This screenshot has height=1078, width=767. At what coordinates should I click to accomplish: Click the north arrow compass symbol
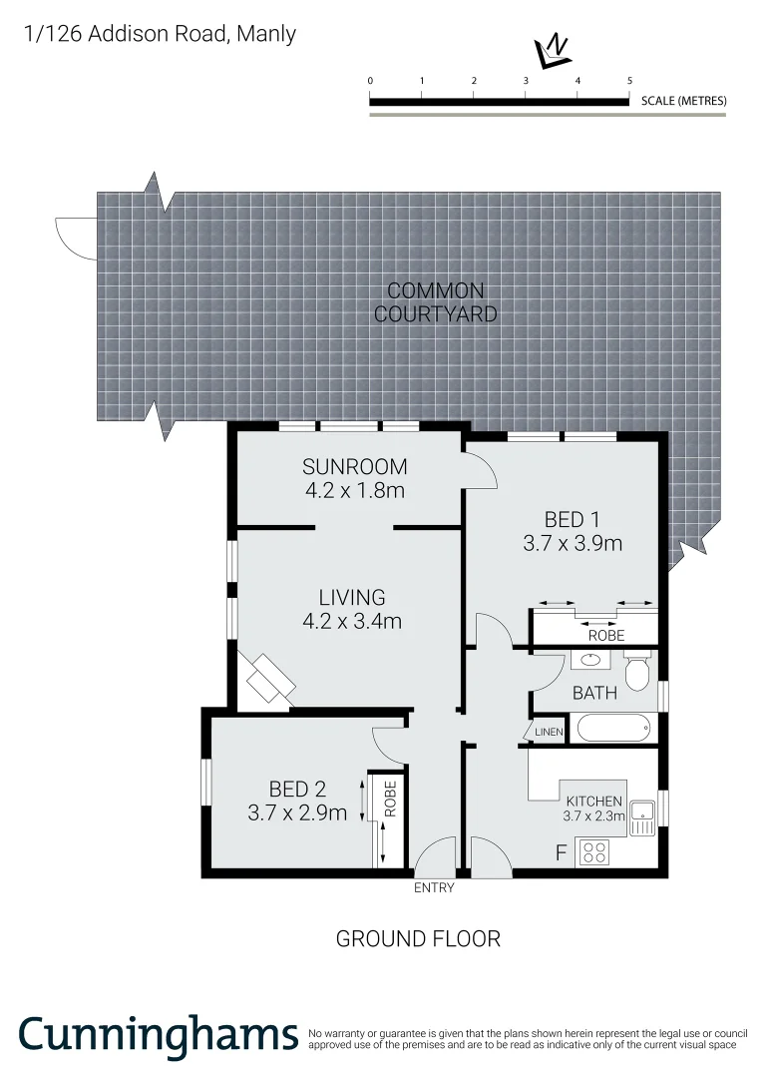click(551, 50)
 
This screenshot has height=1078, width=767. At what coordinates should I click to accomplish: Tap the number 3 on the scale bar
click(526, 81)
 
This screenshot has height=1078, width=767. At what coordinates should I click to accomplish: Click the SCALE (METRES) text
click(684, 101)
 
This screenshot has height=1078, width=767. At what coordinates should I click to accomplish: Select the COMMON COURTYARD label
click(436, 302)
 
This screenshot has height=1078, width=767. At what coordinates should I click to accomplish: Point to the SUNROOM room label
click(355, 467)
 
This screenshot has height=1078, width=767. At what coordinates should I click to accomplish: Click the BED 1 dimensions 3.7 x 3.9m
click(573, 544)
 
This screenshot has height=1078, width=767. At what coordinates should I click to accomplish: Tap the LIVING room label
click(352, 597)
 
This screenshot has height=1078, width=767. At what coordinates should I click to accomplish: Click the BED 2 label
click(297, 790)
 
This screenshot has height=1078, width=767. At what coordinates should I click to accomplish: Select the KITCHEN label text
click(594, 802)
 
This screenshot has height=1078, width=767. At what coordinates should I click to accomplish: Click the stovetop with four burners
click(595, 852)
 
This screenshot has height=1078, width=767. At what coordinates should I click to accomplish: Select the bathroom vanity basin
click(589, 659)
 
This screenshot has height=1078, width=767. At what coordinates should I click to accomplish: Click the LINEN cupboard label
click(549, 733)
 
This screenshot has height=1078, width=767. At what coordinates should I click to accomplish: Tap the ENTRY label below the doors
click(434, 888)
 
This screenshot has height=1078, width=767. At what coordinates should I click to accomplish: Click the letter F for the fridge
click(561, 853)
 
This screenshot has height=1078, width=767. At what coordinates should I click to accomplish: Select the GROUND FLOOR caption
click(418, 938)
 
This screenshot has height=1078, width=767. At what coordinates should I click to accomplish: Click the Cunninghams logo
click(158, 1035)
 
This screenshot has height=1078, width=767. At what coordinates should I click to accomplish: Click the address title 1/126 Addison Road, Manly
click(161, 34)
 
